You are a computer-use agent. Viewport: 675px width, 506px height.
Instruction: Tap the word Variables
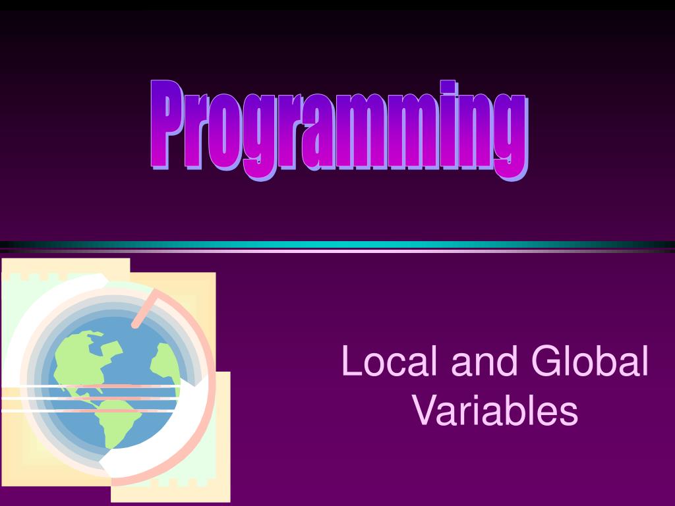click(x=496, y=410)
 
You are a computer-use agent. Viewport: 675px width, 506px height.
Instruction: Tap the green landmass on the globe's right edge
click(x=165, y=366)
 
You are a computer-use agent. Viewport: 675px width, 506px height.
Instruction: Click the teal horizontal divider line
click(x=337, y=244)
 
